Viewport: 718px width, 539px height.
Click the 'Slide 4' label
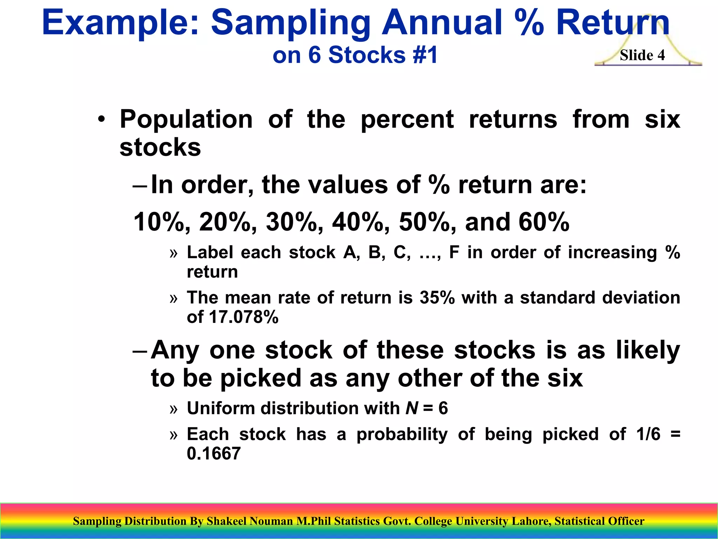[x=642, y=55]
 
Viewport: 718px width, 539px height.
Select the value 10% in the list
[x=162, y=222]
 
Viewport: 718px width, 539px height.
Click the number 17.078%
[x=243, y=317]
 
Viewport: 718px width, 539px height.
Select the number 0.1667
[x=214, y=453]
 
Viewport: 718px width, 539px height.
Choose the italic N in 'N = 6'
[x=412, y=408]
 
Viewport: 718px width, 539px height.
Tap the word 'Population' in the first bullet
[x=186, y=119]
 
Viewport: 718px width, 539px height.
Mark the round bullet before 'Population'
[x=101, y=120]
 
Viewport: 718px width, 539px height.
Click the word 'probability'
[x=402, y=434]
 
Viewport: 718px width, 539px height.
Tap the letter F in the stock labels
[x=454, y=252]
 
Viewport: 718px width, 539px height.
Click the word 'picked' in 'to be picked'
[x=261, y=378]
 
